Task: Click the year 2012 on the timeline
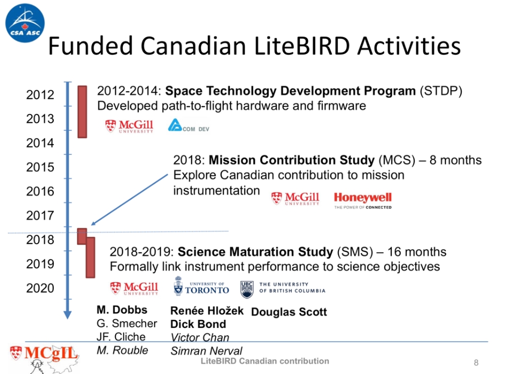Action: click(40, 95)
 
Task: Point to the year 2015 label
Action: click(40, 167)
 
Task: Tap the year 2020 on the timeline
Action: click(40, 288)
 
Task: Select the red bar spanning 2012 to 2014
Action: click(82, 112)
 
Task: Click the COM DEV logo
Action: click(188, 125)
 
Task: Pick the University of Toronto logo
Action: click(201, 287)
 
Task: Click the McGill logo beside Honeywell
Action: click(295, 199)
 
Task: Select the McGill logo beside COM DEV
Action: click(129, 126)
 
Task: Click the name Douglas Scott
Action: click(289, 312)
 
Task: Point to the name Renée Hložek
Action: click(207, 311)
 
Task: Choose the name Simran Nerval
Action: click(206, 351)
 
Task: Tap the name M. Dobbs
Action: click(122, 310)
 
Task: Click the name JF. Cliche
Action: click(121, 337)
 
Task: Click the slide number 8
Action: click(476, 363)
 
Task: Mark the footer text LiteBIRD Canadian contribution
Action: click(265, 361)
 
